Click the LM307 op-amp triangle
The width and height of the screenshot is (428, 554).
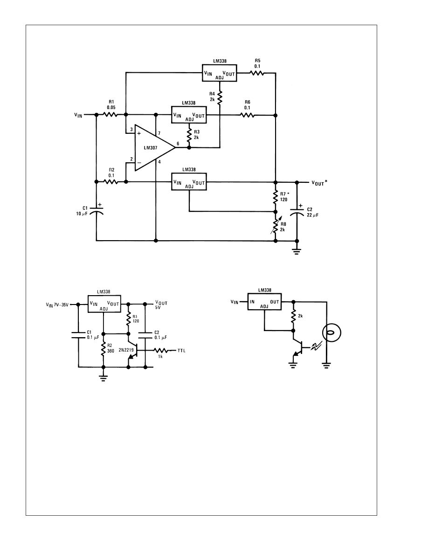[152, 147]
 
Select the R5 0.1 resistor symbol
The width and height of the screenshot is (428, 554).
[256, 73]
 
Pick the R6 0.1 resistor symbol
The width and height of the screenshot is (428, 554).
[247, 115]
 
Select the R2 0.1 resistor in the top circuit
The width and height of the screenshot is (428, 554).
[111, 182]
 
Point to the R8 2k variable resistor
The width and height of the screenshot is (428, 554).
[276, 227]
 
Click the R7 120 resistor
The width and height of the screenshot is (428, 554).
[276, 197]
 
